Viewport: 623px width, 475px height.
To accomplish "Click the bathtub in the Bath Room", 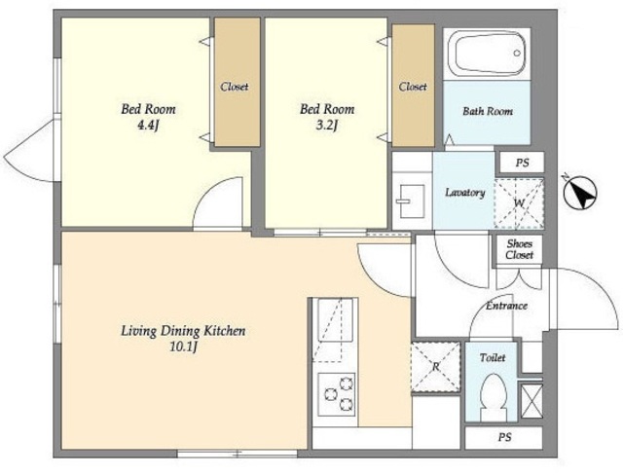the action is point(487,54).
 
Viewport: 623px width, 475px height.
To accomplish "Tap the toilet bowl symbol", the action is point(494,397).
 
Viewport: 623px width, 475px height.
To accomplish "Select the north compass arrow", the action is point(580,193).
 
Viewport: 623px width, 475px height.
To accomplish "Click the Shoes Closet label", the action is point(519,249).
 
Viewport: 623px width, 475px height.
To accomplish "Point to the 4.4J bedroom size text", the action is point(148,126).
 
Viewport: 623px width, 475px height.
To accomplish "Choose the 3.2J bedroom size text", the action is point(327,126).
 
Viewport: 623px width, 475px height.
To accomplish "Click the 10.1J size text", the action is point(184,347).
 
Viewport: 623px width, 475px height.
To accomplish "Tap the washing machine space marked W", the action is point(519,203).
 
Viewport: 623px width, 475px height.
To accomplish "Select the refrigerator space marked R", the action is point(436,367).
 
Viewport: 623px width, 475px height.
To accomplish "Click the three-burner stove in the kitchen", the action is point(336,394).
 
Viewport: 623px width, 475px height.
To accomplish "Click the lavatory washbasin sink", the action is point(412,201).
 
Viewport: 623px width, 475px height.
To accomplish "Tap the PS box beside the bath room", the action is point(522,163).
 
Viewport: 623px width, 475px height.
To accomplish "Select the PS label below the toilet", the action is point(504,438).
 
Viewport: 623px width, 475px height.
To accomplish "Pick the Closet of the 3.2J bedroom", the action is point(413,86).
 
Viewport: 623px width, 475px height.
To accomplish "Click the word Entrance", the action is point(506,306).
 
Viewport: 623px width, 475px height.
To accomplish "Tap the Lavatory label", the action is point(465,193).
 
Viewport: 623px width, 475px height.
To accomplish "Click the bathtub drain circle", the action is point(517,53).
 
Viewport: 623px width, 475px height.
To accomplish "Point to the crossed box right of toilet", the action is point(531,401).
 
